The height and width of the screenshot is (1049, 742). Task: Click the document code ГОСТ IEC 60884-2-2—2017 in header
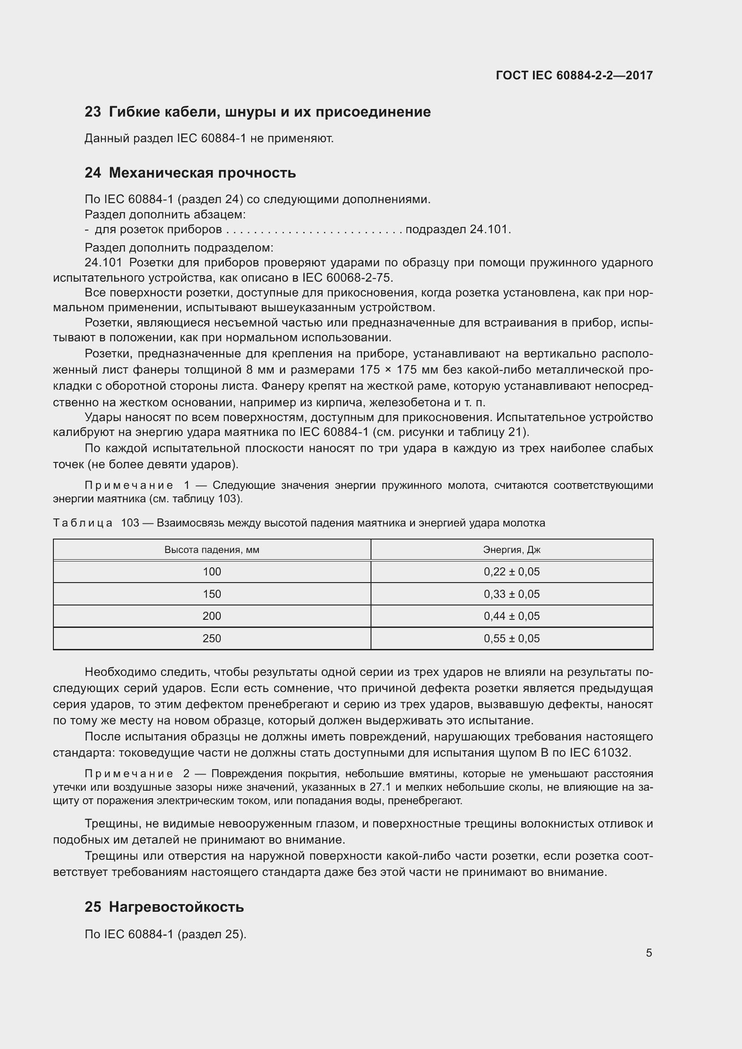coord(574,75)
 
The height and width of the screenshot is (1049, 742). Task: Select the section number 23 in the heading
coord(93,112)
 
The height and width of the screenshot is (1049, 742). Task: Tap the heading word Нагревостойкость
coord(176,907)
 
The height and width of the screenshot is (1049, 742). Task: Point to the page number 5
coord(649,953)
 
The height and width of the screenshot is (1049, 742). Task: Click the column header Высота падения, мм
coord(212,550)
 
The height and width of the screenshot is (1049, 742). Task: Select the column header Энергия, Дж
coord(511,550)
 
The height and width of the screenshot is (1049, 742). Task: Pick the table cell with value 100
coord(212,571)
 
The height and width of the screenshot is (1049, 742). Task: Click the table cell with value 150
coord(212,594)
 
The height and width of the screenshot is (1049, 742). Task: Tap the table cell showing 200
coord(212,616)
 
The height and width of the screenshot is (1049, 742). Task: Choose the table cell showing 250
coord(212,638)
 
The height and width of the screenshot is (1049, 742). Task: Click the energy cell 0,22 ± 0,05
coord(511,571)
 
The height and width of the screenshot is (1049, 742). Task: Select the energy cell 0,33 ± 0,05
coord(511,594)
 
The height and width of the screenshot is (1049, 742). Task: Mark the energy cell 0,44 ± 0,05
coord(511,616)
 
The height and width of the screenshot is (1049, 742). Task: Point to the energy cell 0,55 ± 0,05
coord(511,638)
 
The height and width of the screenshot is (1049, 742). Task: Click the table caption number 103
coord(130,522)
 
